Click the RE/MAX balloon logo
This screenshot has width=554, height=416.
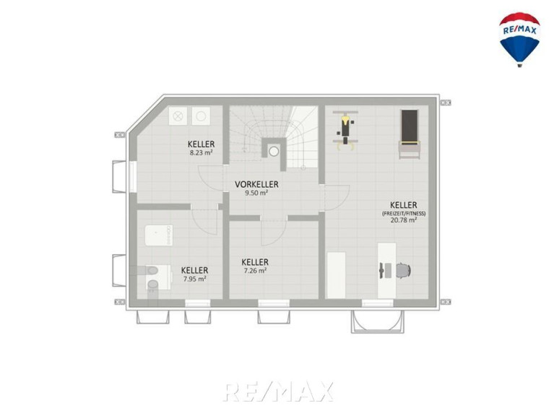pyautogui.click(x=519, y=39)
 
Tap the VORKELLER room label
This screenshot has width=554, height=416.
pyautogui.click(x=256, y=184)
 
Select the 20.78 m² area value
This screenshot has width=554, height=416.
pyautogui.click(x=404, y=220)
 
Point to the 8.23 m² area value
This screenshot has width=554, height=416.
pyautogui.click(x=201, y=152)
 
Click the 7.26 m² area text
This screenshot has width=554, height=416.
pyautogui.click(x=255, y=271)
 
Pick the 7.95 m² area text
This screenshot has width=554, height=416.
pyautogui.click(x=195, y=279)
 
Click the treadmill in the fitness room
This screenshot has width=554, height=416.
pyautogui.click(x=410, y=134)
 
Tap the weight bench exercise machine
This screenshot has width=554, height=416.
pyautogui.click(x=345, y=129)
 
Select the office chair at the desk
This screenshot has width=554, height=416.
pyautogui.click(x=403, y=271)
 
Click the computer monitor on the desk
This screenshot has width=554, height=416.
pyautogui.click(x=381, y=271)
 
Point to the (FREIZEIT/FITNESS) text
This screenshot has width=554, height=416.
pyautogui.click(x=404, y=213)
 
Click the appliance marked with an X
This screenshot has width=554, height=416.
pyautogui.click(x=178, y=116)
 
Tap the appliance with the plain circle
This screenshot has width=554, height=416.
pyautogui.click(x=201, y=116)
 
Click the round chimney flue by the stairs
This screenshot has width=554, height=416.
pyautogui.click(x=274, y=152)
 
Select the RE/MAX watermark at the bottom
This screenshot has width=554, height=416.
pyautogui.click(x=278, y=391)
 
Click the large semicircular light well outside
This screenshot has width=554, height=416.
pyautogui.click(x=376, y=321)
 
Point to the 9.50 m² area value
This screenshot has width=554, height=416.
pyautogui.click(x=256, y=193)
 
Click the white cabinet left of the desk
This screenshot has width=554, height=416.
pyautogui.click(x=336, y=275)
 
